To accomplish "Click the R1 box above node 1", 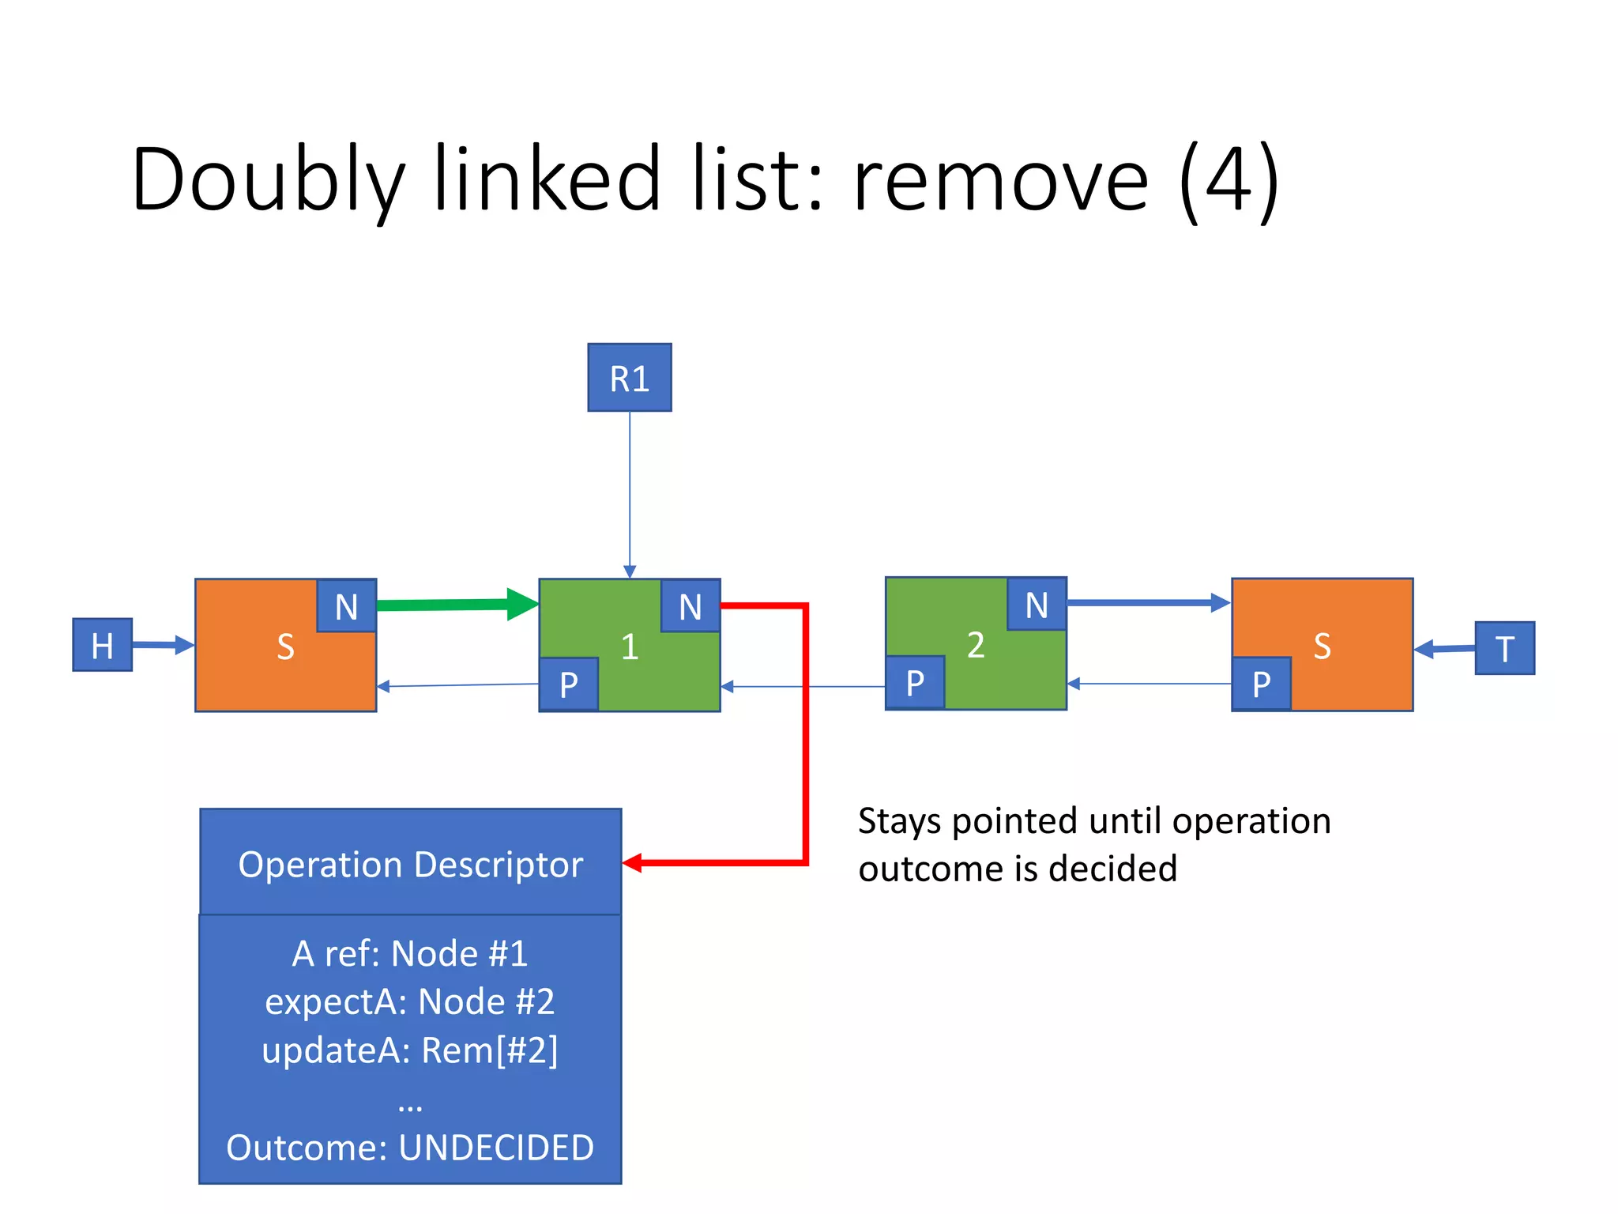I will (629, 378).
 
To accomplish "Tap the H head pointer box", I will (103, 645).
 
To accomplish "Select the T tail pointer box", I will (1504, 648).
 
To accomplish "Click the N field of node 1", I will (690, 606).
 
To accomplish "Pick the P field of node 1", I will (569, 684).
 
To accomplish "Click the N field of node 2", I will (1037, 605).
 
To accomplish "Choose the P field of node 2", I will (915, 682).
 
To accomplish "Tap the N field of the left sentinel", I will (346, 606).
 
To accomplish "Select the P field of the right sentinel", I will (1262, 684).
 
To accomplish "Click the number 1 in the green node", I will (629, 647).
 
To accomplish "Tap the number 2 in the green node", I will (976, 645).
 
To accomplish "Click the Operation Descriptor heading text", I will (410, 864).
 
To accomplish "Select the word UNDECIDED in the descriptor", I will (496, 1148).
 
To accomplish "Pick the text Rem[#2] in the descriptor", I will (489, 1050).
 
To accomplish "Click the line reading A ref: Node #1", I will (410, 953).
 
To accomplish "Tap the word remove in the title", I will (1000, 179).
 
